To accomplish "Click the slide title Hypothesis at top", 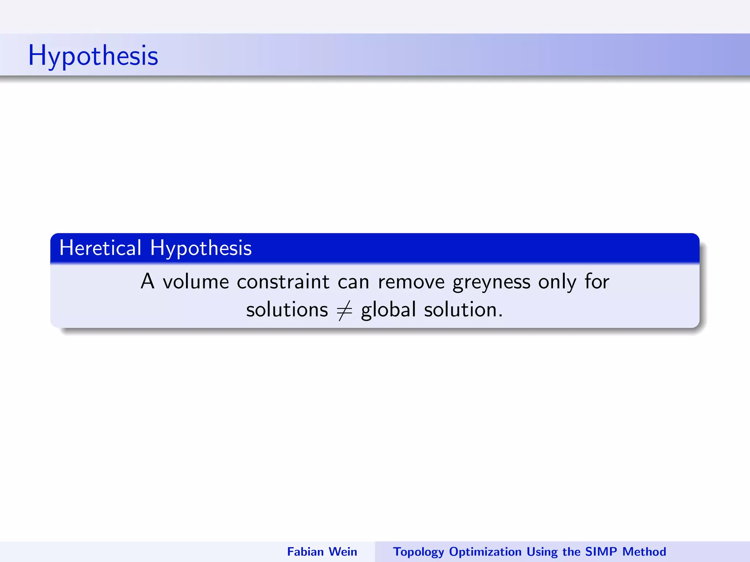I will (93, 56).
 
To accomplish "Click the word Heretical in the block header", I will (100, 248).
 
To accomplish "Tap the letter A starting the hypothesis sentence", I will (148, 281).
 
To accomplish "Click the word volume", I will (196, 282).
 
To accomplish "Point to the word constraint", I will (283, 282).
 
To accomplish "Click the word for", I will (597, 281).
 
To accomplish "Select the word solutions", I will (287, 310).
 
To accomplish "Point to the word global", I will (388, 310).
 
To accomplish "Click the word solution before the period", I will (460, 310).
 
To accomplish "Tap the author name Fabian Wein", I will (322, 551).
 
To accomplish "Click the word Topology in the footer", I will (419, 552).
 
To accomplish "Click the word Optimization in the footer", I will (485, 552).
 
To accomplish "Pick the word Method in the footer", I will (644, 551).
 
